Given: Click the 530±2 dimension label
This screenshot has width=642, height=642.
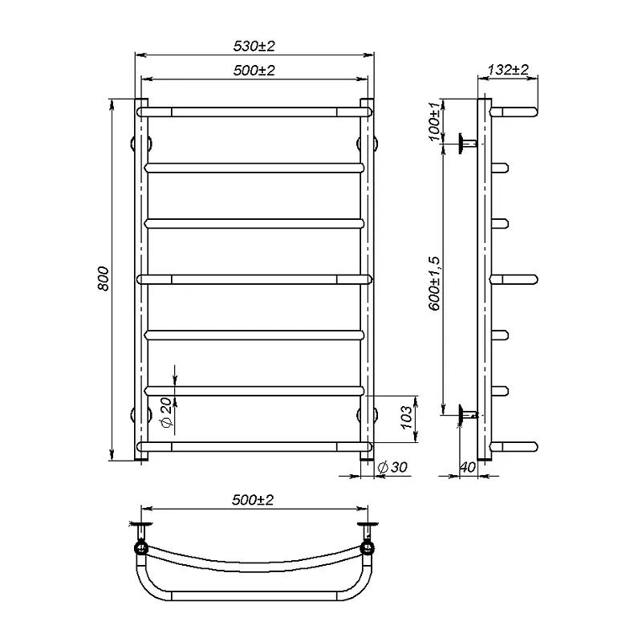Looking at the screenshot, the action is (x=254, y=46).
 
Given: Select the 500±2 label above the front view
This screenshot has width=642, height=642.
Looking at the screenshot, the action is (x=254, y=71).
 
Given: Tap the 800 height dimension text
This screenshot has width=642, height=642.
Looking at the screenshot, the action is (x=104, y=278).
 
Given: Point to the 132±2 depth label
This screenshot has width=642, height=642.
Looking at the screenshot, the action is (x=508, y=70).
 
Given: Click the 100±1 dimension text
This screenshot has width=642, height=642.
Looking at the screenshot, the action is (x=436, y=120).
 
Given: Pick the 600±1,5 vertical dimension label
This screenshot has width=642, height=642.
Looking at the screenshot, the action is (x=435, y=283).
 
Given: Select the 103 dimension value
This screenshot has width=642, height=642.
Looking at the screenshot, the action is (x=406, y=417).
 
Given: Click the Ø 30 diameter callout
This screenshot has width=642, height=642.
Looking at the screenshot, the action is (x=392, y=467).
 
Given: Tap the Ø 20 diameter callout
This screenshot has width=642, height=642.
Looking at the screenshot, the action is (x=167, y=412).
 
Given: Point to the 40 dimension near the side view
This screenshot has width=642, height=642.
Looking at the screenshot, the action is (x=468, y=467).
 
